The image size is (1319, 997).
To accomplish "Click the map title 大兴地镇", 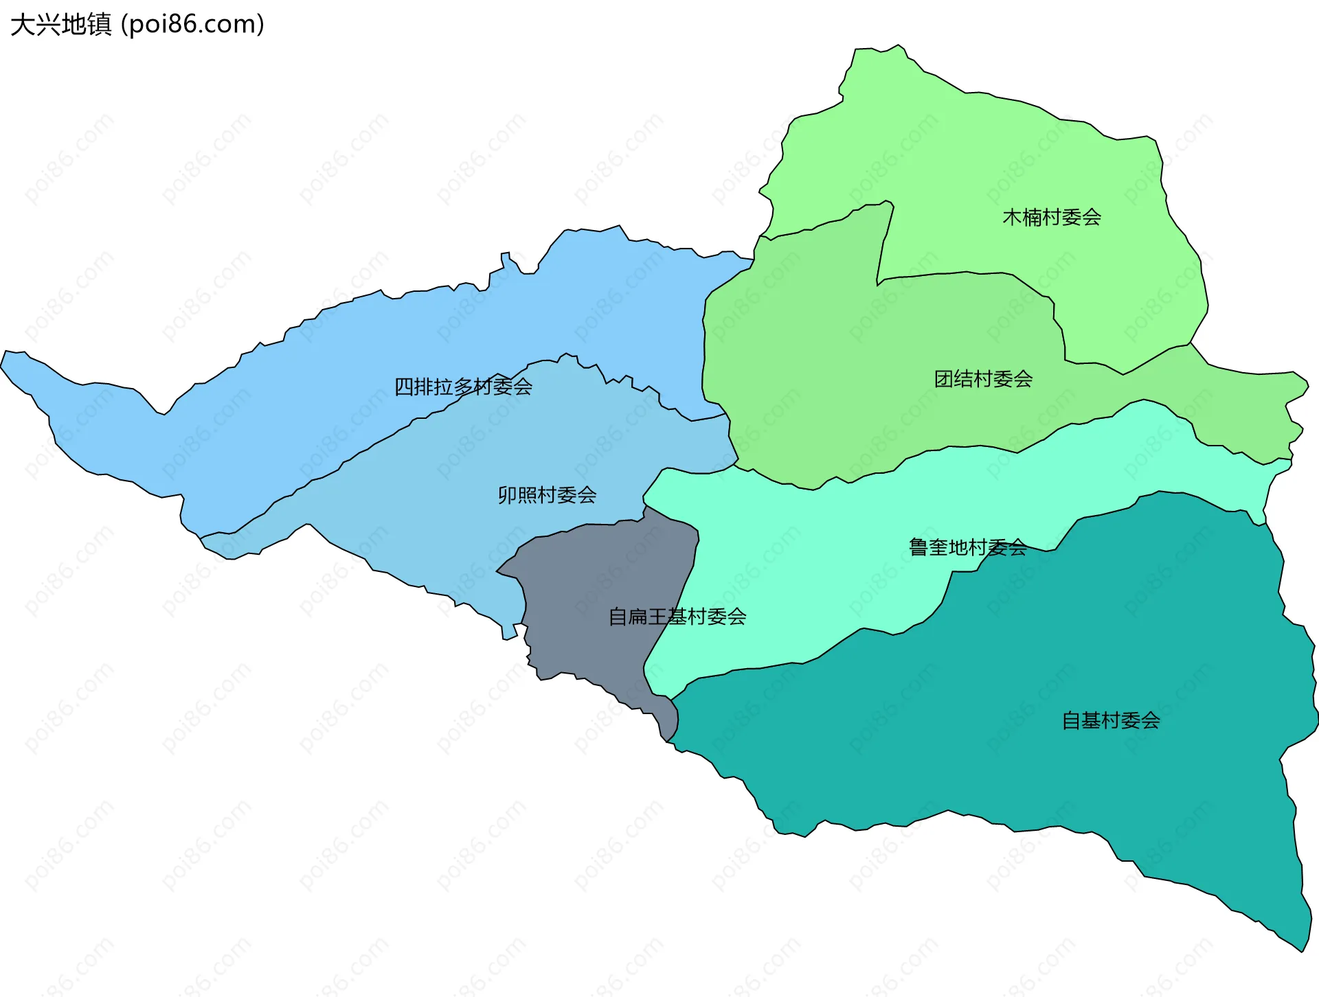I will pos(60,25).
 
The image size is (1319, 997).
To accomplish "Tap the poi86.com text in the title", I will pos(192,25).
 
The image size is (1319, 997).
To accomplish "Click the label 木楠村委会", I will pos(1052,217).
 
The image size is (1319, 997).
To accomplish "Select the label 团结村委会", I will pos(983,378).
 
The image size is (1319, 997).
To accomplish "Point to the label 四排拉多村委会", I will pos(463,387).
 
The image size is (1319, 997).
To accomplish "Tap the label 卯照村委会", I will pos(547,494).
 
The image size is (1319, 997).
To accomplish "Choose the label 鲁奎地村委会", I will pos(967,547).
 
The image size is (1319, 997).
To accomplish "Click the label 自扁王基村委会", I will pos(677,617).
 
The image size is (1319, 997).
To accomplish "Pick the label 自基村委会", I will pos(1111,720).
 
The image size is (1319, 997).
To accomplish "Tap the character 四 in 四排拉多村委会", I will pos(404,387).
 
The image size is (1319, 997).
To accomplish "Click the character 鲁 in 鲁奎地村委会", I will pos(918,547).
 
